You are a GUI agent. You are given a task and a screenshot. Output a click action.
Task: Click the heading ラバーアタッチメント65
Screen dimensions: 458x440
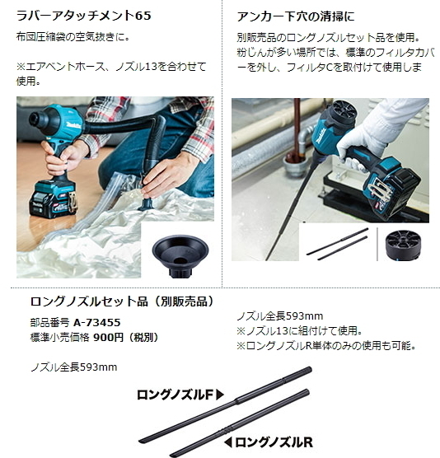84,16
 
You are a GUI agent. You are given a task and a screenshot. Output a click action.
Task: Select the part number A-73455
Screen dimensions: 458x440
96,323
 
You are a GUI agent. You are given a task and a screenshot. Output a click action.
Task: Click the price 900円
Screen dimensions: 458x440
109,337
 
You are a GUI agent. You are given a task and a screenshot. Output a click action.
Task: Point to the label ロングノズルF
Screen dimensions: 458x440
176,395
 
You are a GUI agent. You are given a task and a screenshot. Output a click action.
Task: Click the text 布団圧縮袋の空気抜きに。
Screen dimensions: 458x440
73,38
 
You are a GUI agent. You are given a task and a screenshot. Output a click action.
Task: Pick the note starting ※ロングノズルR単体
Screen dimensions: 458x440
325,346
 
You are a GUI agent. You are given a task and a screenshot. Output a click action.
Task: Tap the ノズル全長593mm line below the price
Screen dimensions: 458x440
73,367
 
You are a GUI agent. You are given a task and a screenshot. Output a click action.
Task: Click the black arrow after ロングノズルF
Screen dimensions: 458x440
220,395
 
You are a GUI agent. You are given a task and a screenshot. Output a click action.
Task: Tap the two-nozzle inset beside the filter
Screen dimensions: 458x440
337,244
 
